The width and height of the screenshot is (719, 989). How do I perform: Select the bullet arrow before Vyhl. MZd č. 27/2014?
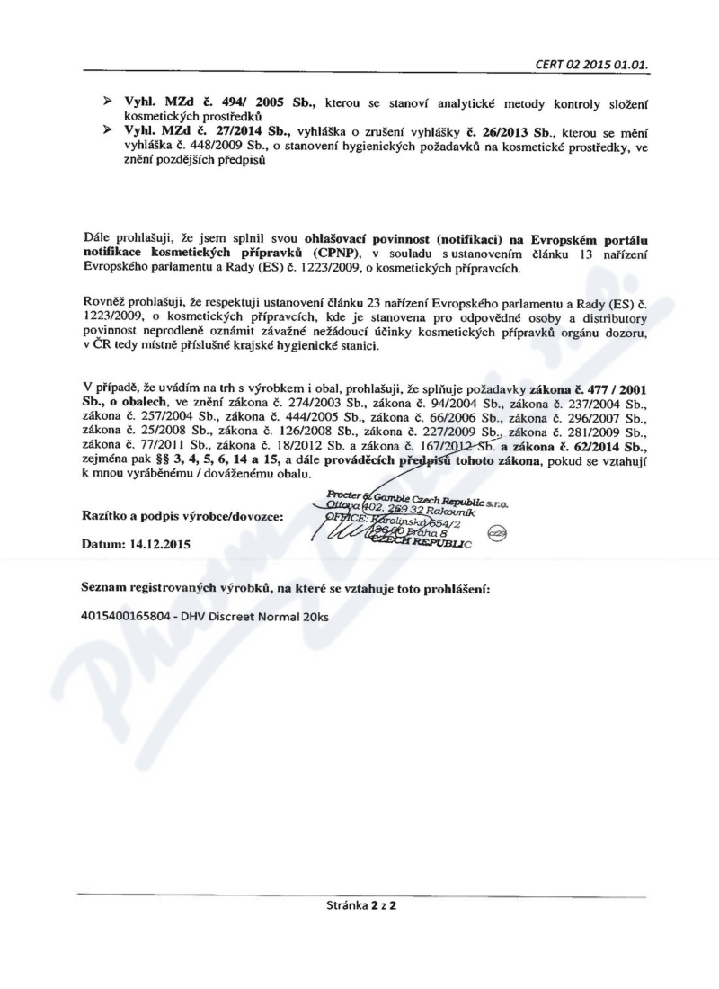(111, 130)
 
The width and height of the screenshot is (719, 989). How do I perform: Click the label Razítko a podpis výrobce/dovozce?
(182, 515)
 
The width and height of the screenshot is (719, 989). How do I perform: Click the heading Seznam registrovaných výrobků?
(165, 588)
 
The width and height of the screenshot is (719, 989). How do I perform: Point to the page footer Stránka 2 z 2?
(363, 904)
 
